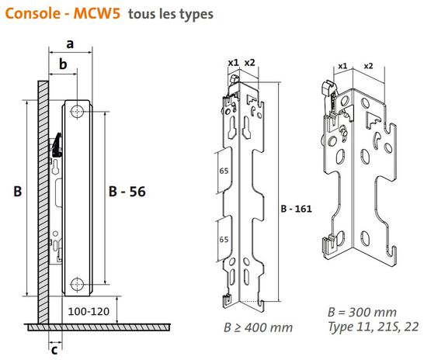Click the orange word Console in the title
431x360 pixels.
33,13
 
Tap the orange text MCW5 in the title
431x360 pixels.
97,13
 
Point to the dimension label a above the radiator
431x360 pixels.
70,44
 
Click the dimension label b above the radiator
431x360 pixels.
63,64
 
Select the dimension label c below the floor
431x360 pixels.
54,351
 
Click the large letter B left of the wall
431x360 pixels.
18,192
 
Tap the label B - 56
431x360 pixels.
127,192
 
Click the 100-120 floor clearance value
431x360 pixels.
89,311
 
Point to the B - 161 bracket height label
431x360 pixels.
297,209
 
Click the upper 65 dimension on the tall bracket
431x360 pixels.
224,171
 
